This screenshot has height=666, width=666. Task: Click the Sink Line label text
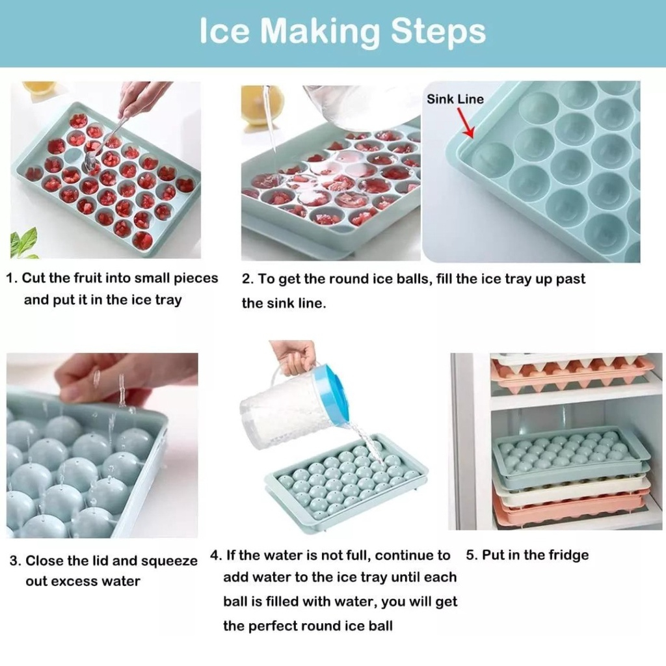[x=455, y=99]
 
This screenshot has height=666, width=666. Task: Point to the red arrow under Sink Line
[x=466, y=122]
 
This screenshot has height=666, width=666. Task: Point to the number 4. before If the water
[x=216, y=555]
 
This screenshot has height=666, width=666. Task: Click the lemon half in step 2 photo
[x=262, y=104]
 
